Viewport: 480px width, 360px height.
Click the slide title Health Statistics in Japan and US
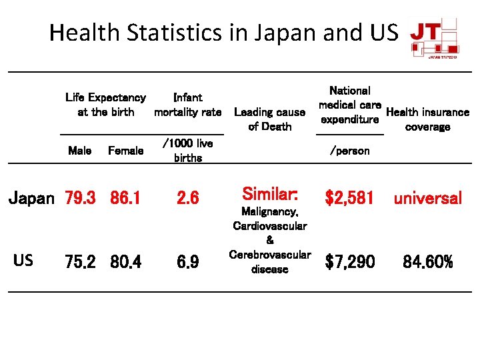coord(223,32)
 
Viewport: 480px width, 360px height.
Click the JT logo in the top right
coord(434,39)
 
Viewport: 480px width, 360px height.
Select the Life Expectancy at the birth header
coord(105,105)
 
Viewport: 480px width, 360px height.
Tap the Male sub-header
coord(80,151)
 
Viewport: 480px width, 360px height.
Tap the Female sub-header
coord(125,151)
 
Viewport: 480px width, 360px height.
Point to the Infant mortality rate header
coord(187,105)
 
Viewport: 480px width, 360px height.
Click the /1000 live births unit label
coord(187,151)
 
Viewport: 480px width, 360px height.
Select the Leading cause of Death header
coord(269,119)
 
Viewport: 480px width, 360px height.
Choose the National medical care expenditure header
coord(350,105)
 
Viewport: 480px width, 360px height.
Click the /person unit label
coord(350,151)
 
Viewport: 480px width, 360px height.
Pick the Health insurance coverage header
coord(427,119)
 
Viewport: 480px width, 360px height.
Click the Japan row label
coord(31,198)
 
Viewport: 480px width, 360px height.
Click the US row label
coord(23,260)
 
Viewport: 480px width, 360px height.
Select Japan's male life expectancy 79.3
coord(80,198)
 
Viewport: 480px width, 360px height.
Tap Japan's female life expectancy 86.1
coord(125,198)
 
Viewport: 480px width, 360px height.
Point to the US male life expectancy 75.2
coord(80,262)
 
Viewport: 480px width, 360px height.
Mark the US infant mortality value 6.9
coord(187,262)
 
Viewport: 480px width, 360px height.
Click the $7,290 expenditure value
coord(350,262)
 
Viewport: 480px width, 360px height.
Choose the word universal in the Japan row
coord(427,198)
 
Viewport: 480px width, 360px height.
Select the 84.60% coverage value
coord(427,262)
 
